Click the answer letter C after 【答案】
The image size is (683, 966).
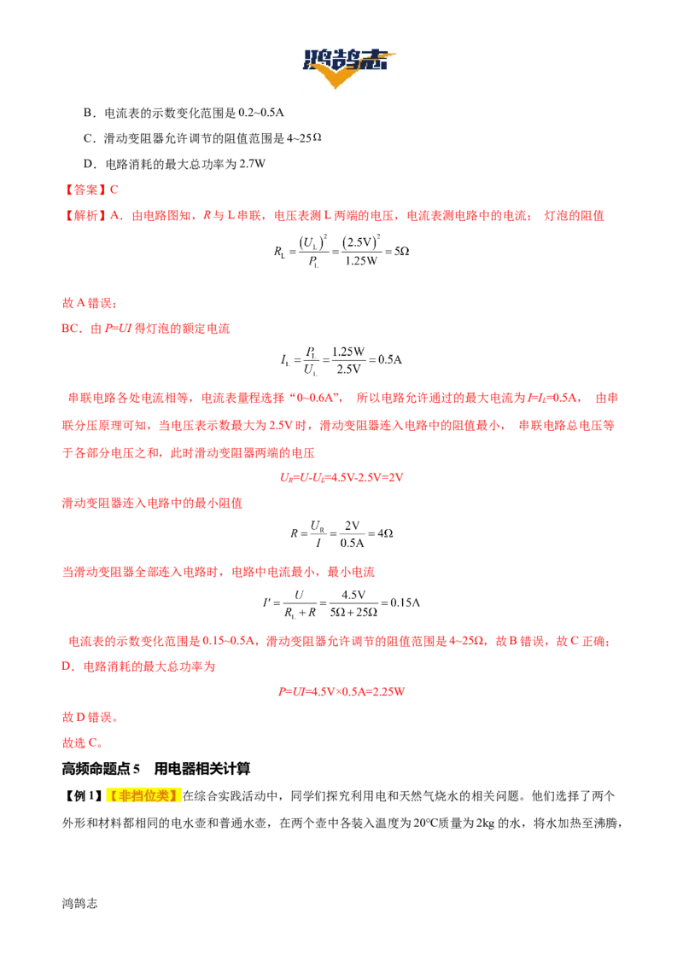pos(114,189)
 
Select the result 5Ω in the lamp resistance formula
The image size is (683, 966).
pos(402,252)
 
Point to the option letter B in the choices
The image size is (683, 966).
pos(88,113)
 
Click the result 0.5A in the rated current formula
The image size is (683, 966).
pos(389,360)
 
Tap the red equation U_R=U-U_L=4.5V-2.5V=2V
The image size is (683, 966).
pos(341,478)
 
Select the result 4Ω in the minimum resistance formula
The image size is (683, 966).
pos(385,533)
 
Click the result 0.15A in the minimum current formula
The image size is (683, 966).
pos(405,602)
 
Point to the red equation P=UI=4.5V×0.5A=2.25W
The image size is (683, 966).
pos(341,692)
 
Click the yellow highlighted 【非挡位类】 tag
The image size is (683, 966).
pos(143,796)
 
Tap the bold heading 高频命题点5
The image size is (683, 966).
pos(101,769)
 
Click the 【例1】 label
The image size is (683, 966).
pos(83,796)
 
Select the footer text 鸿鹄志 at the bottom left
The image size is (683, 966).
pos(79,904)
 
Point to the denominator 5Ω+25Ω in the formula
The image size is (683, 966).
pos(353,613)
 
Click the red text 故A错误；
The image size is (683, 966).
pos(90,303)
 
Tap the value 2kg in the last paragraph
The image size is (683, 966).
pos(486,823)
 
